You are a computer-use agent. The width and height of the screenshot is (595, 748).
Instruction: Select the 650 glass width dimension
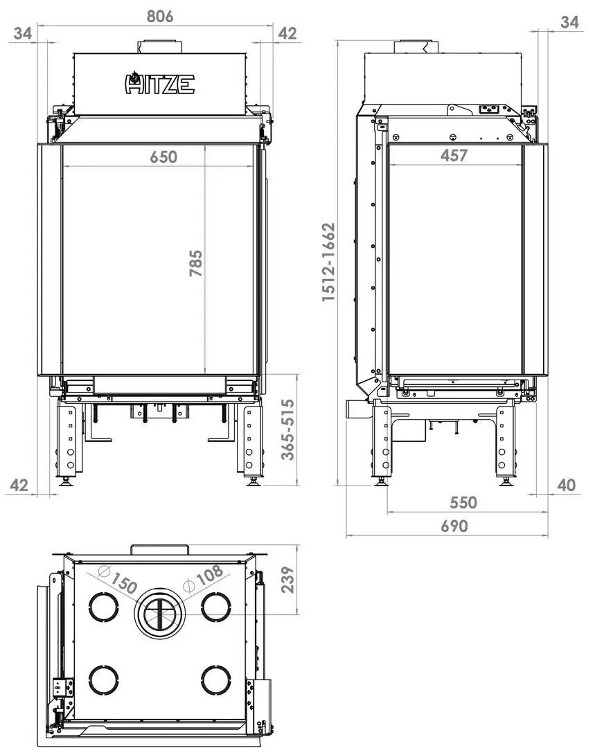pos(163,157)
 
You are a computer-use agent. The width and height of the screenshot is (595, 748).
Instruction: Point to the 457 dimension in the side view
pos(454,156)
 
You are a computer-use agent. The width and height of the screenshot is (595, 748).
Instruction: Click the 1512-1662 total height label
pos(328,262)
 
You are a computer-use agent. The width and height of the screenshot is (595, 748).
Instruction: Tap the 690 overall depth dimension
pos(454,526)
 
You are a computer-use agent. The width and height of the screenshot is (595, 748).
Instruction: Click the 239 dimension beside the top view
pos(287,580)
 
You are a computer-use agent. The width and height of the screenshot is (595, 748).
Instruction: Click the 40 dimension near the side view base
pos(566,486)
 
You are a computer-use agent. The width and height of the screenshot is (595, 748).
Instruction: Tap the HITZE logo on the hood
pos(159,84)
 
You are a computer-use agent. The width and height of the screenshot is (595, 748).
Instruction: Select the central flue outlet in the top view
pos(160,614)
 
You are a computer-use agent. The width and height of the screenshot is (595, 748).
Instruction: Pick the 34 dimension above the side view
pos(569,22)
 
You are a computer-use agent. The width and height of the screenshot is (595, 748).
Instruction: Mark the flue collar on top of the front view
pos(160,47)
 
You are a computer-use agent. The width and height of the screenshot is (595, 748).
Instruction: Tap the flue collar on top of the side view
pos(417,47)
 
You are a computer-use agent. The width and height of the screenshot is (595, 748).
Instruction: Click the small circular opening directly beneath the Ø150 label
pos(105,607)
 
